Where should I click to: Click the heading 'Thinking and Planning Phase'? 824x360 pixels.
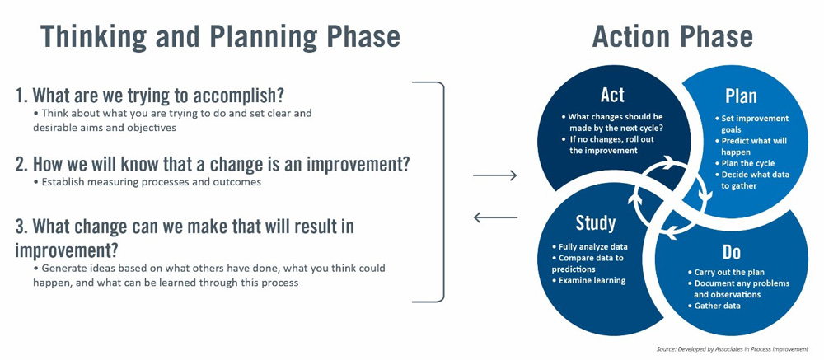click(220, 37)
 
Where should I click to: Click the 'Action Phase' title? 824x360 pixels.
click(672, 37)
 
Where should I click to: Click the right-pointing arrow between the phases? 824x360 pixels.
click(496, 175)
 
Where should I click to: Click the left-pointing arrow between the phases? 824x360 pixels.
click(496, 217)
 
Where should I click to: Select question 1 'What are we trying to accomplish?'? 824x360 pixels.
click(156, 95)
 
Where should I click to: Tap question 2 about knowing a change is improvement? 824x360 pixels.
click(213, 163)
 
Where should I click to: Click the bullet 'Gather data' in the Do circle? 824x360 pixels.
click(716, 306)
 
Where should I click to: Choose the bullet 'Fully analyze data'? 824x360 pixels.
click(592, 246)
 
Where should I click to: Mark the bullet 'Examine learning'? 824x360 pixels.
click(592, 281)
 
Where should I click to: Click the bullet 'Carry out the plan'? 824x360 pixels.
click(729, 272)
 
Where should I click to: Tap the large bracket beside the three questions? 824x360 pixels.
click(442, 191)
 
